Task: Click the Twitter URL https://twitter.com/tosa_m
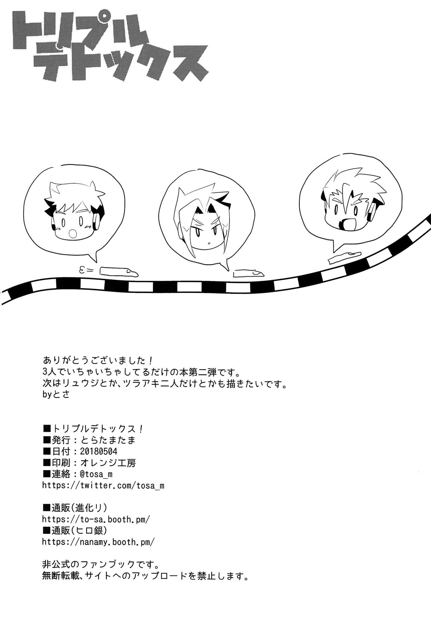click(x=103, y=485)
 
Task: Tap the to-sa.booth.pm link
click(x=96, y=519)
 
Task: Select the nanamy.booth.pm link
click(x=98, y=542)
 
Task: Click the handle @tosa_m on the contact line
click(x=96, y=474)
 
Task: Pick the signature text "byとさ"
click(x=56, y=394)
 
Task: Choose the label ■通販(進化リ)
click(x=75, y=508)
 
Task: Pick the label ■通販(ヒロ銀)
click(x=75, y=530)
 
